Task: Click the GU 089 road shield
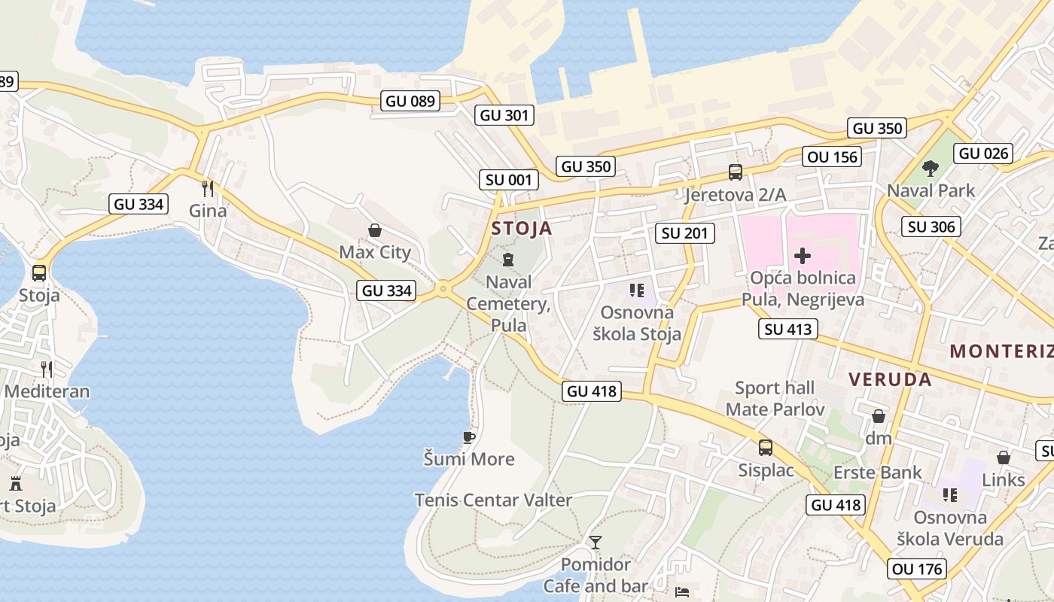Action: click(410, 101)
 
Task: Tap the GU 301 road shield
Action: click(504, 115)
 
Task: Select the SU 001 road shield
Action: click(510, 180)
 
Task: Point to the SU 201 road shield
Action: click(685, 233)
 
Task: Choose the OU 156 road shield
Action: click(832, 157)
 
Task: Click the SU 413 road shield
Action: click(788, 329)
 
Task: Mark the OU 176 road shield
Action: click(917, 569)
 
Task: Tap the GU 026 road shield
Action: click(984, 154)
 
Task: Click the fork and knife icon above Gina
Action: click(208, 188)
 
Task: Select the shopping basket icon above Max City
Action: click(374, 230)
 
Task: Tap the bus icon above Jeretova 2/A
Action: click(736, 172)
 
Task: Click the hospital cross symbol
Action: click(803, 256)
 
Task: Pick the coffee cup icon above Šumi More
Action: click(469, 437)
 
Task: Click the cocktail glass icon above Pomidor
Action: click(596, 542)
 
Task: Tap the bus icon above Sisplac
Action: click(766, 448)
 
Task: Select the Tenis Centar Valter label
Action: click(493, 500)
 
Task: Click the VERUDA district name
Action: click(891, 379)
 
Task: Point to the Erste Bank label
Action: click(878, 473)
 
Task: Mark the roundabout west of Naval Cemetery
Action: click(443, 287)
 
